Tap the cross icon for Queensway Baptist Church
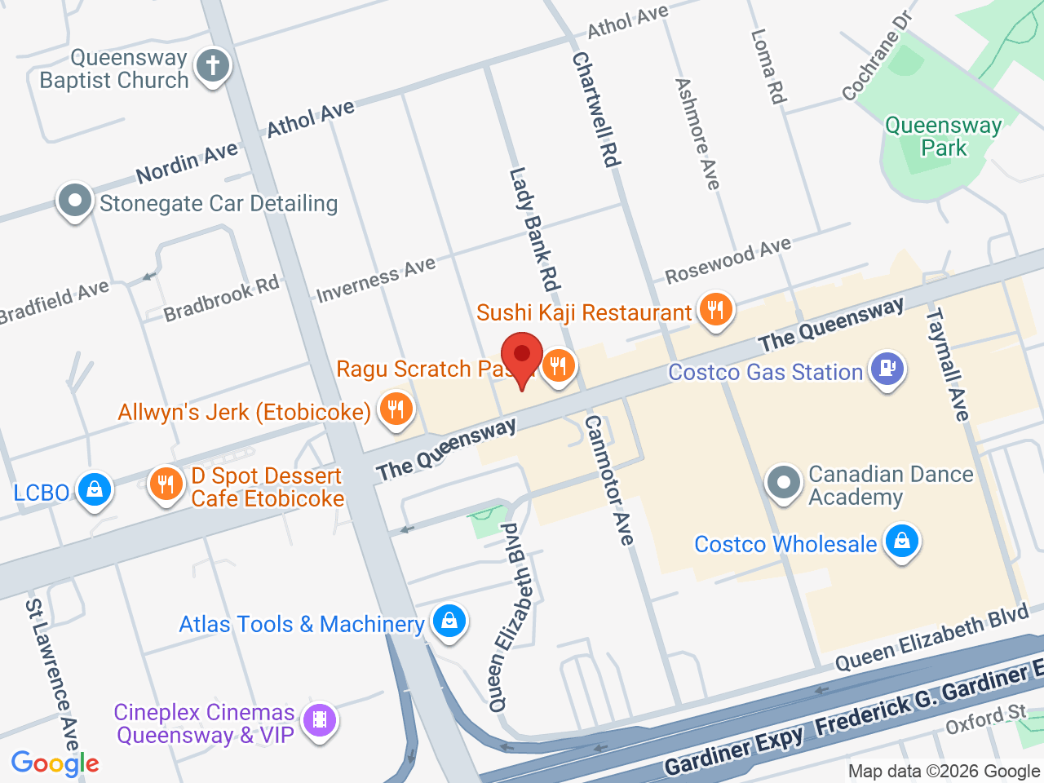point(213,65)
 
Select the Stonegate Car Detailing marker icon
point(74,201)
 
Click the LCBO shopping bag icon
point(95,490)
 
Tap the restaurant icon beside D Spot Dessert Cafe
point(166,484)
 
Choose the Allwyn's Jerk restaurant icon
point(396,409)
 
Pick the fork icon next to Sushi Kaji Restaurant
point(715,310)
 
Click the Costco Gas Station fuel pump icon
point(887,369)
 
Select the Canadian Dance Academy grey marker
point(784,482)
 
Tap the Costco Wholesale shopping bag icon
point(901,542)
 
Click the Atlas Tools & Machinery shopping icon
point(449,622)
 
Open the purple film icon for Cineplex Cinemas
point(319,720)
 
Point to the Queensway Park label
point(943,136)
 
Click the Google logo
point(55,763)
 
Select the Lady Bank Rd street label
point(534,229)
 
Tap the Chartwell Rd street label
point(596,110)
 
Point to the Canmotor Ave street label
point(608,480)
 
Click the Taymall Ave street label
point(947,365)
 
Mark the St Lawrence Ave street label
point(51,675)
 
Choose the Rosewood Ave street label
point(728,260)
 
